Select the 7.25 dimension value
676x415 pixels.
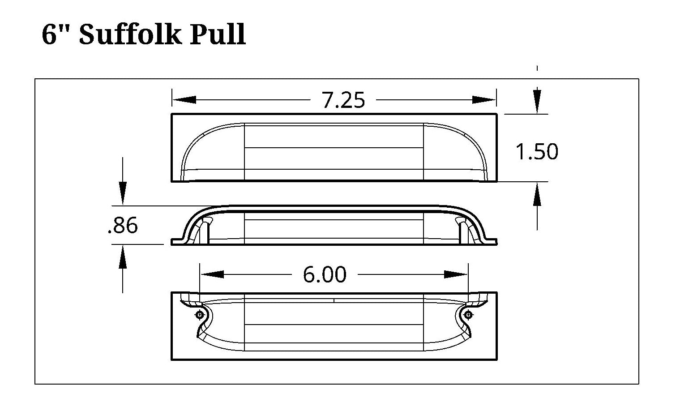(343, 100)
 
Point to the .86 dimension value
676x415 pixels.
(123, 226)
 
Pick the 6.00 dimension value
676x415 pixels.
(325, 274)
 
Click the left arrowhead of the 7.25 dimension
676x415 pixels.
(184, 100)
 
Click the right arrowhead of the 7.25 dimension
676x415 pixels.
(484, 100)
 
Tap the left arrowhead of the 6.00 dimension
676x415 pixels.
(211, 274)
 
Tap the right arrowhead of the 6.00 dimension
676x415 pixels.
(456, 274)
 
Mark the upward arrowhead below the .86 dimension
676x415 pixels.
(123, 259)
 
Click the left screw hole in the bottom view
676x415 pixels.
(199, 315)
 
